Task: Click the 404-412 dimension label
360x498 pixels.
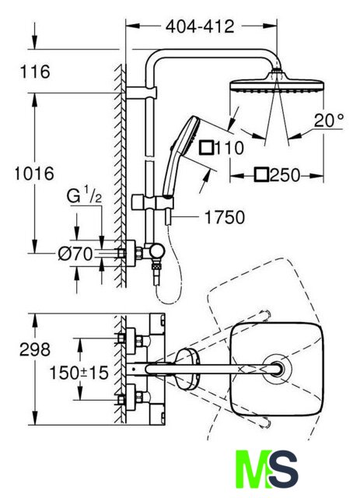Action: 200,26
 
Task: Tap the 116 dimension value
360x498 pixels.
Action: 35,72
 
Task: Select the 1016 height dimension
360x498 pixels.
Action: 34,174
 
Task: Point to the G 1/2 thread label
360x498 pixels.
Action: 85,195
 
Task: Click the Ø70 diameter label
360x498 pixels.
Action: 75,254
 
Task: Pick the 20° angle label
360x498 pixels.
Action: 329,121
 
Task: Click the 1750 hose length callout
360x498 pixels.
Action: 225,217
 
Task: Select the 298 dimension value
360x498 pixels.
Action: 35,349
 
